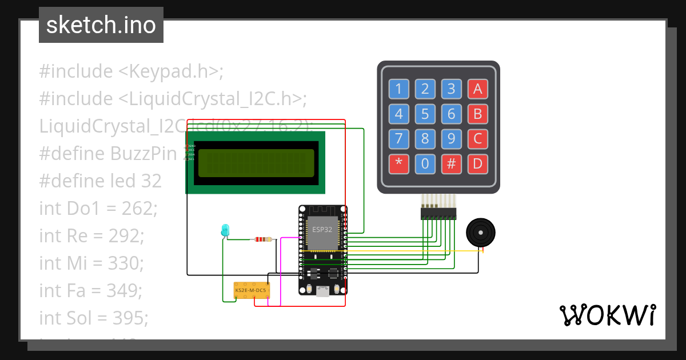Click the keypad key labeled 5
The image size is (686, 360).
click(x=425, y=114)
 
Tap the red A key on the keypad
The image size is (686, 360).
click(x=477, y=89)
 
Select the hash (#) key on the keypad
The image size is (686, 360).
click(x=451, y=164)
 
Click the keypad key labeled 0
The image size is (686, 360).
click(x=425, y=164)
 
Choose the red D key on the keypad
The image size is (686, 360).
click(x=477, y=164)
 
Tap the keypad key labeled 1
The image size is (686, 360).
click(x=398, y=89)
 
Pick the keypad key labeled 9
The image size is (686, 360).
click(x=451, y=139)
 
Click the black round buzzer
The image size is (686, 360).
click(x=480, y=233)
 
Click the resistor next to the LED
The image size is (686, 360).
click(x=265, y=240)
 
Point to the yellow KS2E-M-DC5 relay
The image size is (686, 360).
click(x=252, y=290)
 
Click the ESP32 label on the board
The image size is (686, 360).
click(x=321, y=229)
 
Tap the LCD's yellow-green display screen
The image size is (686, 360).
click(x=256, y=163)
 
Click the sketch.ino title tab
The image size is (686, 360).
click(x=101, y=25)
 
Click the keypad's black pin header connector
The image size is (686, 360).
click(x=438, y=214)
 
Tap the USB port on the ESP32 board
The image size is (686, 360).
click(x=323, y=291)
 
